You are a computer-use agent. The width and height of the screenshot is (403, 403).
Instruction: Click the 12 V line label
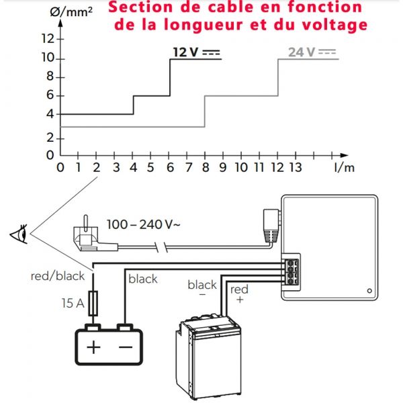[197, 52]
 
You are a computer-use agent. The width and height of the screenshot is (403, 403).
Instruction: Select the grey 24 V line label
[312, 52]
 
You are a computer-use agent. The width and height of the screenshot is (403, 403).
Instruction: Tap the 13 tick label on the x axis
[296, 167]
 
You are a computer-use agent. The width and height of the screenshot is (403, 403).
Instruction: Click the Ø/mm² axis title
[71, 11]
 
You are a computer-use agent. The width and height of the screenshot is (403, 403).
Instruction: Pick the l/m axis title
[345, 167]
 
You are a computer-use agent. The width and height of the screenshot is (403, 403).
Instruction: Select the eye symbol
[19, 234]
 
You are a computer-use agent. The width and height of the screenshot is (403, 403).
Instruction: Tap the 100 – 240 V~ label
[144, 224]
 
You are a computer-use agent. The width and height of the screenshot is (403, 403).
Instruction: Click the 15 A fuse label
[73, 303]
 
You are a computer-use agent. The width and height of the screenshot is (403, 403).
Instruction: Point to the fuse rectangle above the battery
[93, 304]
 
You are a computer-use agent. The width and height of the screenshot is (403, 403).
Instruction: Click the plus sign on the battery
[93, 347]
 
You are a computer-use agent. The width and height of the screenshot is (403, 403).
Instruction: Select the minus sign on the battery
[126, 347]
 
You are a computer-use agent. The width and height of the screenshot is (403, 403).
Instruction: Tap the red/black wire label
[58, 276]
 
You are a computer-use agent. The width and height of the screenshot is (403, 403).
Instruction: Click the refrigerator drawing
[208, 357]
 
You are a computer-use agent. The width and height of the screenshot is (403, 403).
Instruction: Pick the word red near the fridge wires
[239, 289]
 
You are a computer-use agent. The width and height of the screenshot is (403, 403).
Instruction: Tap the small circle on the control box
[369, 291]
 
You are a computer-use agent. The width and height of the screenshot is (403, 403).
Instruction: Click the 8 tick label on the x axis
[206, 167]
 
